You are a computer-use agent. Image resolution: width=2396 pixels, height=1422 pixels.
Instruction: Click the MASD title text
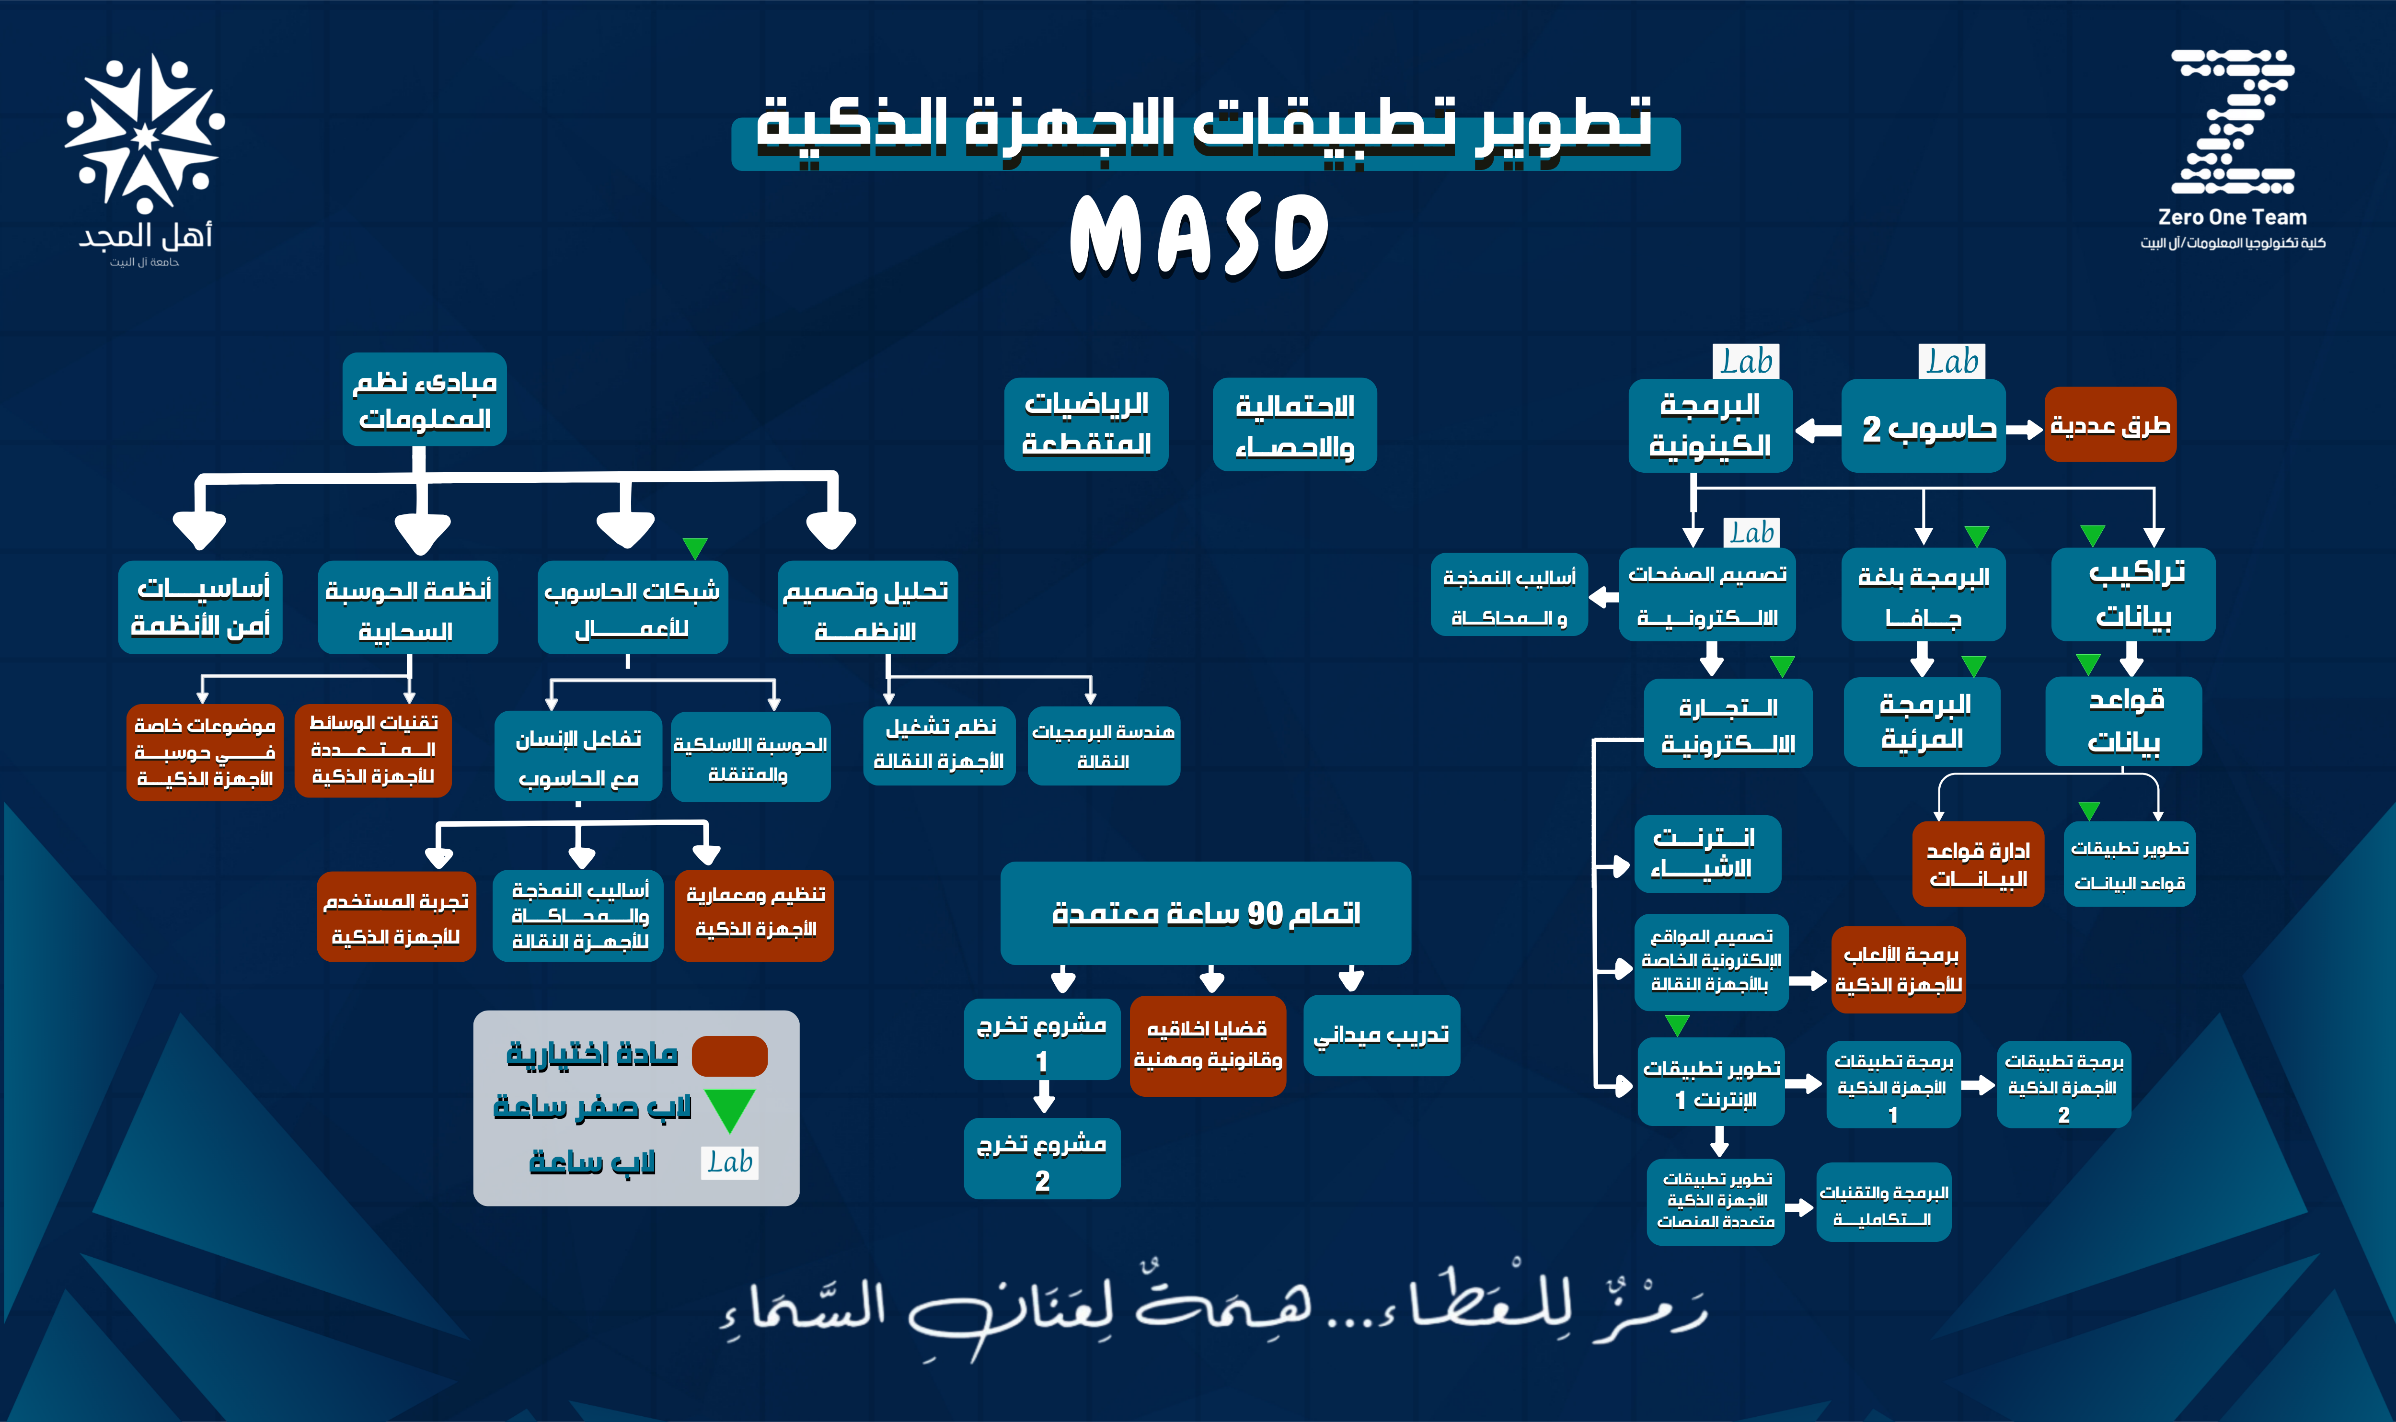tap(1198, 235)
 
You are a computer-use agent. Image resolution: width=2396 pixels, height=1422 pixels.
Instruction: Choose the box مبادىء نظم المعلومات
tap(425, 399)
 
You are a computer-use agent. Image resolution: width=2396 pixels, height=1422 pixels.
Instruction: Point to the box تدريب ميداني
tap(1381, 1035)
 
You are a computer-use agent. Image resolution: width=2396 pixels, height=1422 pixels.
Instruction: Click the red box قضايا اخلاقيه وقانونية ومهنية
tap(1208, 1045)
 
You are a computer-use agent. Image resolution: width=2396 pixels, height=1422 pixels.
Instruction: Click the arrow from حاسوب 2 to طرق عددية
tap(2024, 429)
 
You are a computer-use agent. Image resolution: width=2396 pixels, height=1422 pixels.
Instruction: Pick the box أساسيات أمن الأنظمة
tap(200, 606)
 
